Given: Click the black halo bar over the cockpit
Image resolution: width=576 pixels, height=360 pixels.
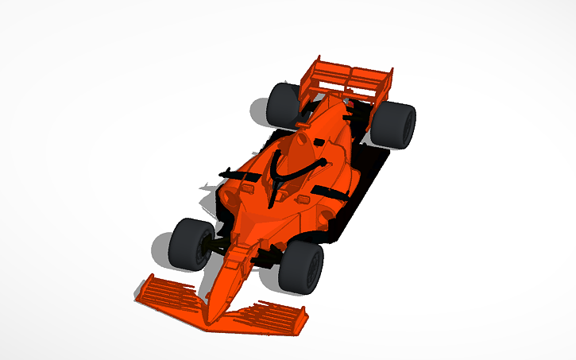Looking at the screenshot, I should (280, 171).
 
